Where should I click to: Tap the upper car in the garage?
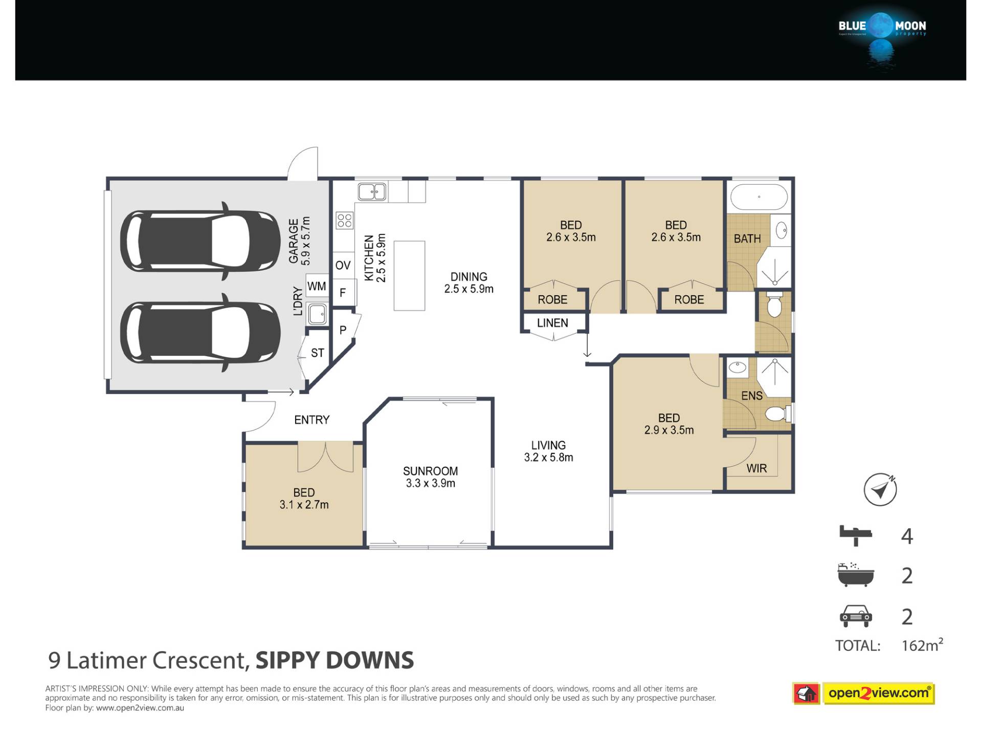point(200,241)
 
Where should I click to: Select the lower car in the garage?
point(200,333)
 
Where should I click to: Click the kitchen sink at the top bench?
point(372,192)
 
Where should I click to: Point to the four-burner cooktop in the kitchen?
point(345,221)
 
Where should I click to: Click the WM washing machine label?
point(317,286)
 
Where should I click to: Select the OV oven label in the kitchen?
point(343,265)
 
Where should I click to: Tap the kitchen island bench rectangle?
point(409,275)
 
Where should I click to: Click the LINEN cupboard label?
point(552,323)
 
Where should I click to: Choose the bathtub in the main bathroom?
point(759,197)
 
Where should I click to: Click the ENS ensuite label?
point(752,396)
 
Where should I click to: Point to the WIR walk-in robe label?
point(756,468)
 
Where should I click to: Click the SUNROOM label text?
point(430,471)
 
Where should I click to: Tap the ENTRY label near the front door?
point(311,420)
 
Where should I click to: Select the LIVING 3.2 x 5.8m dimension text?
point(548,458)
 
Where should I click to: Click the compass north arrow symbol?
point(880,490)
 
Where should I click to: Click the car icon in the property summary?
point(856,616)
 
